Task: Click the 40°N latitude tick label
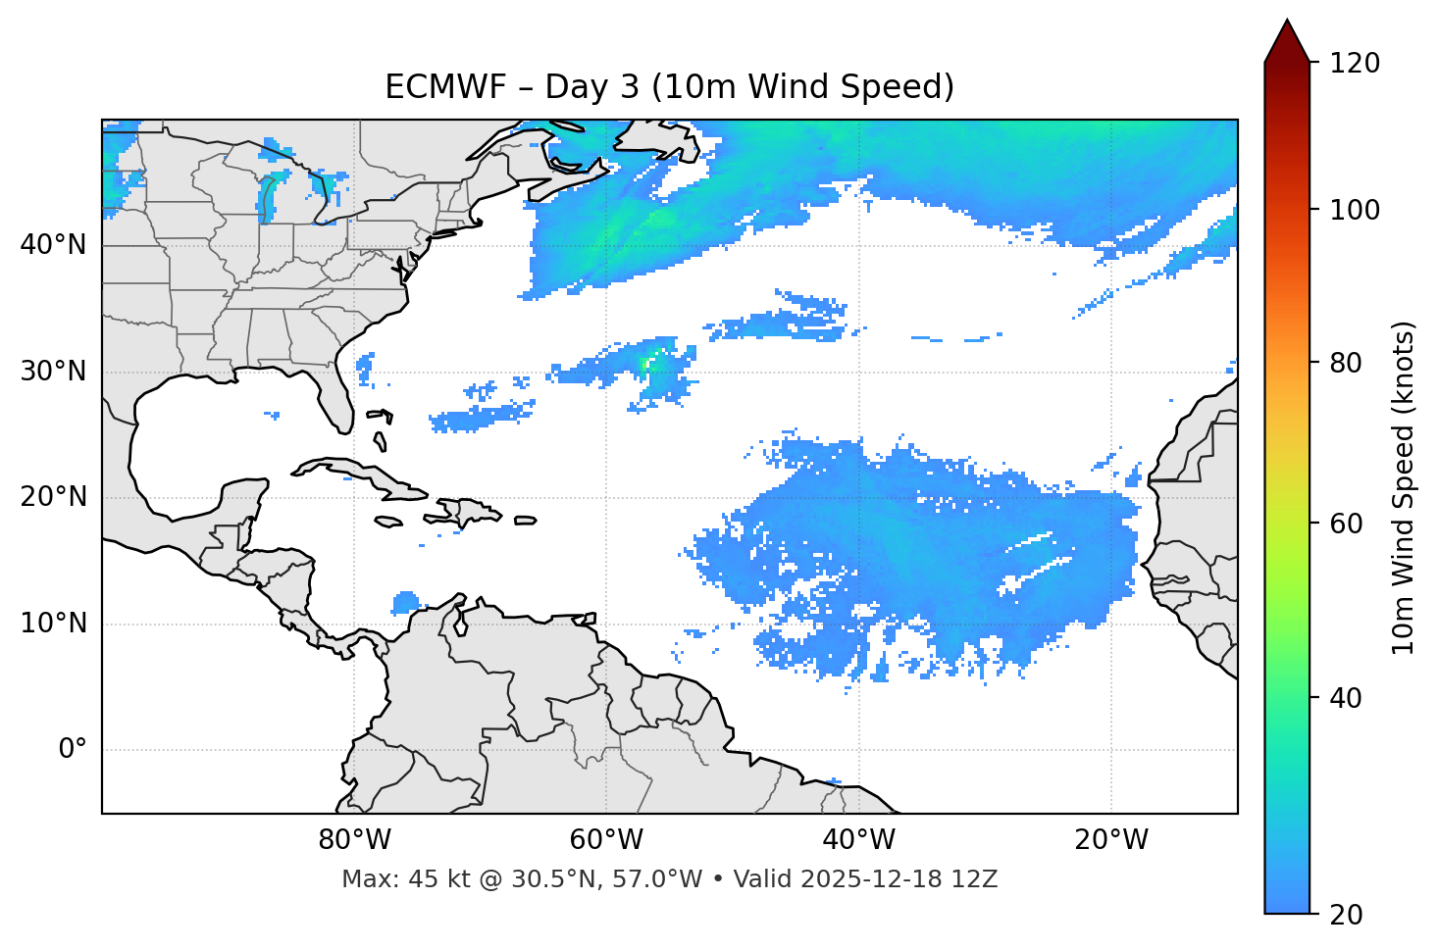click(53, 245)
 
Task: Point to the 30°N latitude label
click(53, 372)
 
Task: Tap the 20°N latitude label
click(53, 497)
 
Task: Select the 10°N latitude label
click(53, 624)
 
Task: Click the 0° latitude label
click(73, 750)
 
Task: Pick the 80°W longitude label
click(354, 840)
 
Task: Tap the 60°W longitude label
click(606, 840)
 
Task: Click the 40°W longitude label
click(858, 840)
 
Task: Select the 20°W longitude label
click(1110, 840)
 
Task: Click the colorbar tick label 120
click(1355, 64)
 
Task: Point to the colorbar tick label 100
click(1355, 210)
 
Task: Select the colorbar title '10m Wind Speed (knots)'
click(1404, 487)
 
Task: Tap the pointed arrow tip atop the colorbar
click(1287, 22)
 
